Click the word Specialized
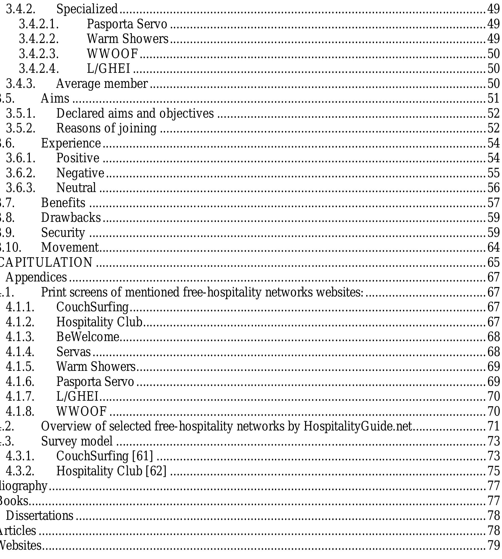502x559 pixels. pos(87,9)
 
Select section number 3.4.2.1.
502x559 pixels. pos(39,24)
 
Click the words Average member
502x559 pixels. pos(102,83)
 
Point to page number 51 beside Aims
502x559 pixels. pos(493,98)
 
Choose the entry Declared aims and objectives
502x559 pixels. pos(135,113)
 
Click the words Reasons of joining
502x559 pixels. pos(106,128)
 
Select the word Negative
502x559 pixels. pos(80,173)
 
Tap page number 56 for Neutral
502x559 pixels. pos(493,188)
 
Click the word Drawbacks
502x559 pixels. pos(71,218)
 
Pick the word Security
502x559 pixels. pos(63,232)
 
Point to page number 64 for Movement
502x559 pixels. pos(493,247)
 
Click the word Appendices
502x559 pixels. pos(36,277)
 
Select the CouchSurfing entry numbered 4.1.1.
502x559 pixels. pos(93,307)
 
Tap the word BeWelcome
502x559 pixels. pos(88,337)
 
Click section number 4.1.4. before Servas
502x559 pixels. pos(20,352)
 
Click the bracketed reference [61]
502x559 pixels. pos(143,456)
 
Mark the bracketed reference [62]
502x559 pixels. pos(156,471)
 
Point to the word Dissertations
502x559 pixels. pos(39,515)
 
